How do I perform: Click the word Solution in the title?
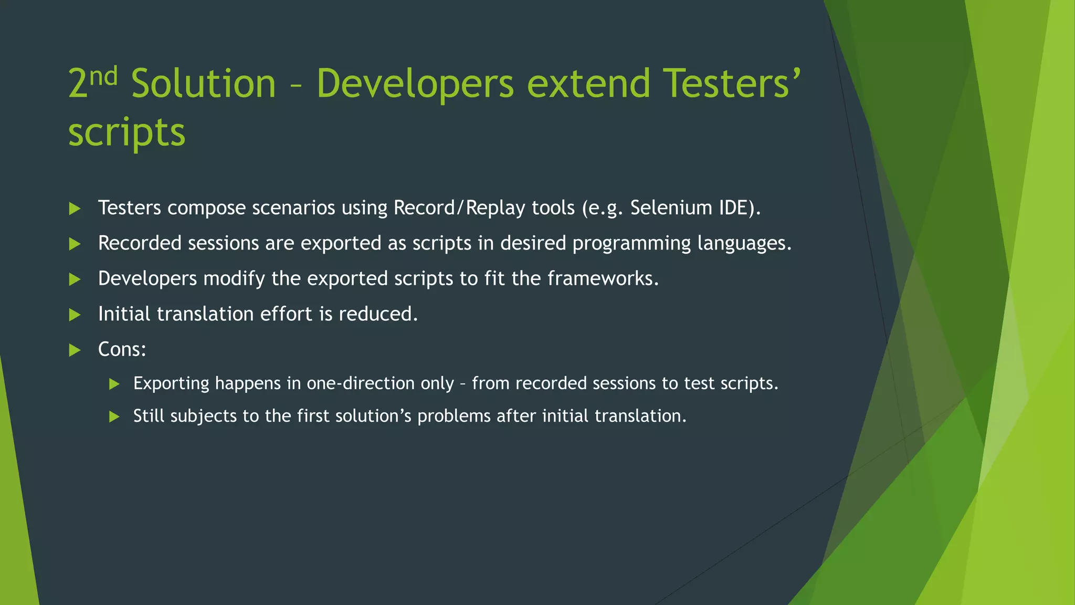(x=203, y=84)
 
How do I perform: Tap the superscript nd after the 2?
(x=103, y=77)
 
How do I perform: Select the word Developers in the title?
(x=415, y=84)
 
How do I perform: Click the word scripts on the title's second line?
(x=127, y=132)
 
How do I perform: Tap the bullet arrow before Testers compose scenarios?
(x=75, y=209)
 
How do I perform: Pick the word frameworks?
(x=603, y=278)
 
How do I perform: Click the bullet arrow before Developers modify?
(x=75, y=279)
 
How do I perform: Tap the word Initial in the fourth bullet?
(x=124, y=314)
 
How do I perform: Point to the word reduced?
(x=378, y=314)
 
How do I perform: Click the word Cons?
(x=121, y=349)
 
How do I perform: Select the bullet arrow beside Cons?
(x=75, y=350)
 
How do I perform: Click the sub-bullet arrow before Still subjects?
(x=114, y=417)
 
